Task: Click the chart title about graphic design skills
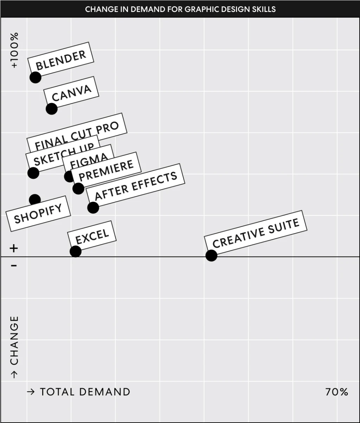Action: pos(180,9)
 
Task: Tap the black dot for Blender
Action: pos(35,77)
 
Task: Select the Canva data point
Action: pos(51,109)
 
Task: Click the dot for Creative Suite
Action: pos(211,255)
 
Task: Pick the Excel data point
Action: pos(75,251)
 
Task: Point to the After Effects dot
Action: pos(93,207)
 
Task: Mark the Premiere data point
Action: pos(78,188)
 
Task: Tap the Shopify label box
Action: pos(38,214)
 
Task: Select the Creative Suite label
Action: pos(256,232)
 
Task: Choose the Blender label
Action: pos(61,59)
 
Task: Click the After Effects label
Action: pos(136,186)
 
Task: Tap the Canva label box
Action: pos(71,92)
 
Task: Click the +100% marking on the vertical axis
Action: pos(14,50)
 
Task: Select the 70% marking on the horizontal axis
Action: pos(336,392)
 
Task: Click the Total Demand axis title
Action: pos(78,392)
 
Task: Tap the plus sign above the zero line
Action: pos(13,249)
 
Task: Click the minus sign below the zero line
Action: pos(13,266)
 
